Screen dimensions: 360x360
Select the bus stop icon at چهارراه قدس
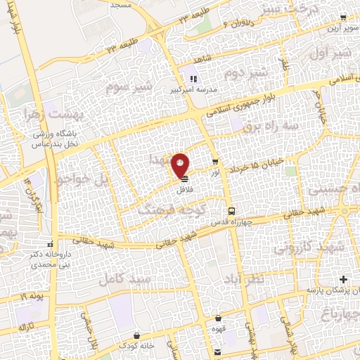(231, 210)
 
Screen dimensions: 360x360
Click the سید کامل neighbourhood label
(121, 279)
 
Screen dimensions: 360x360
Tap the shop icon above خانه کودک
(145, 335)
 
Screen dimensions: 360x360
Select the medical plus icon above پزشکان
(343, 280)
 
